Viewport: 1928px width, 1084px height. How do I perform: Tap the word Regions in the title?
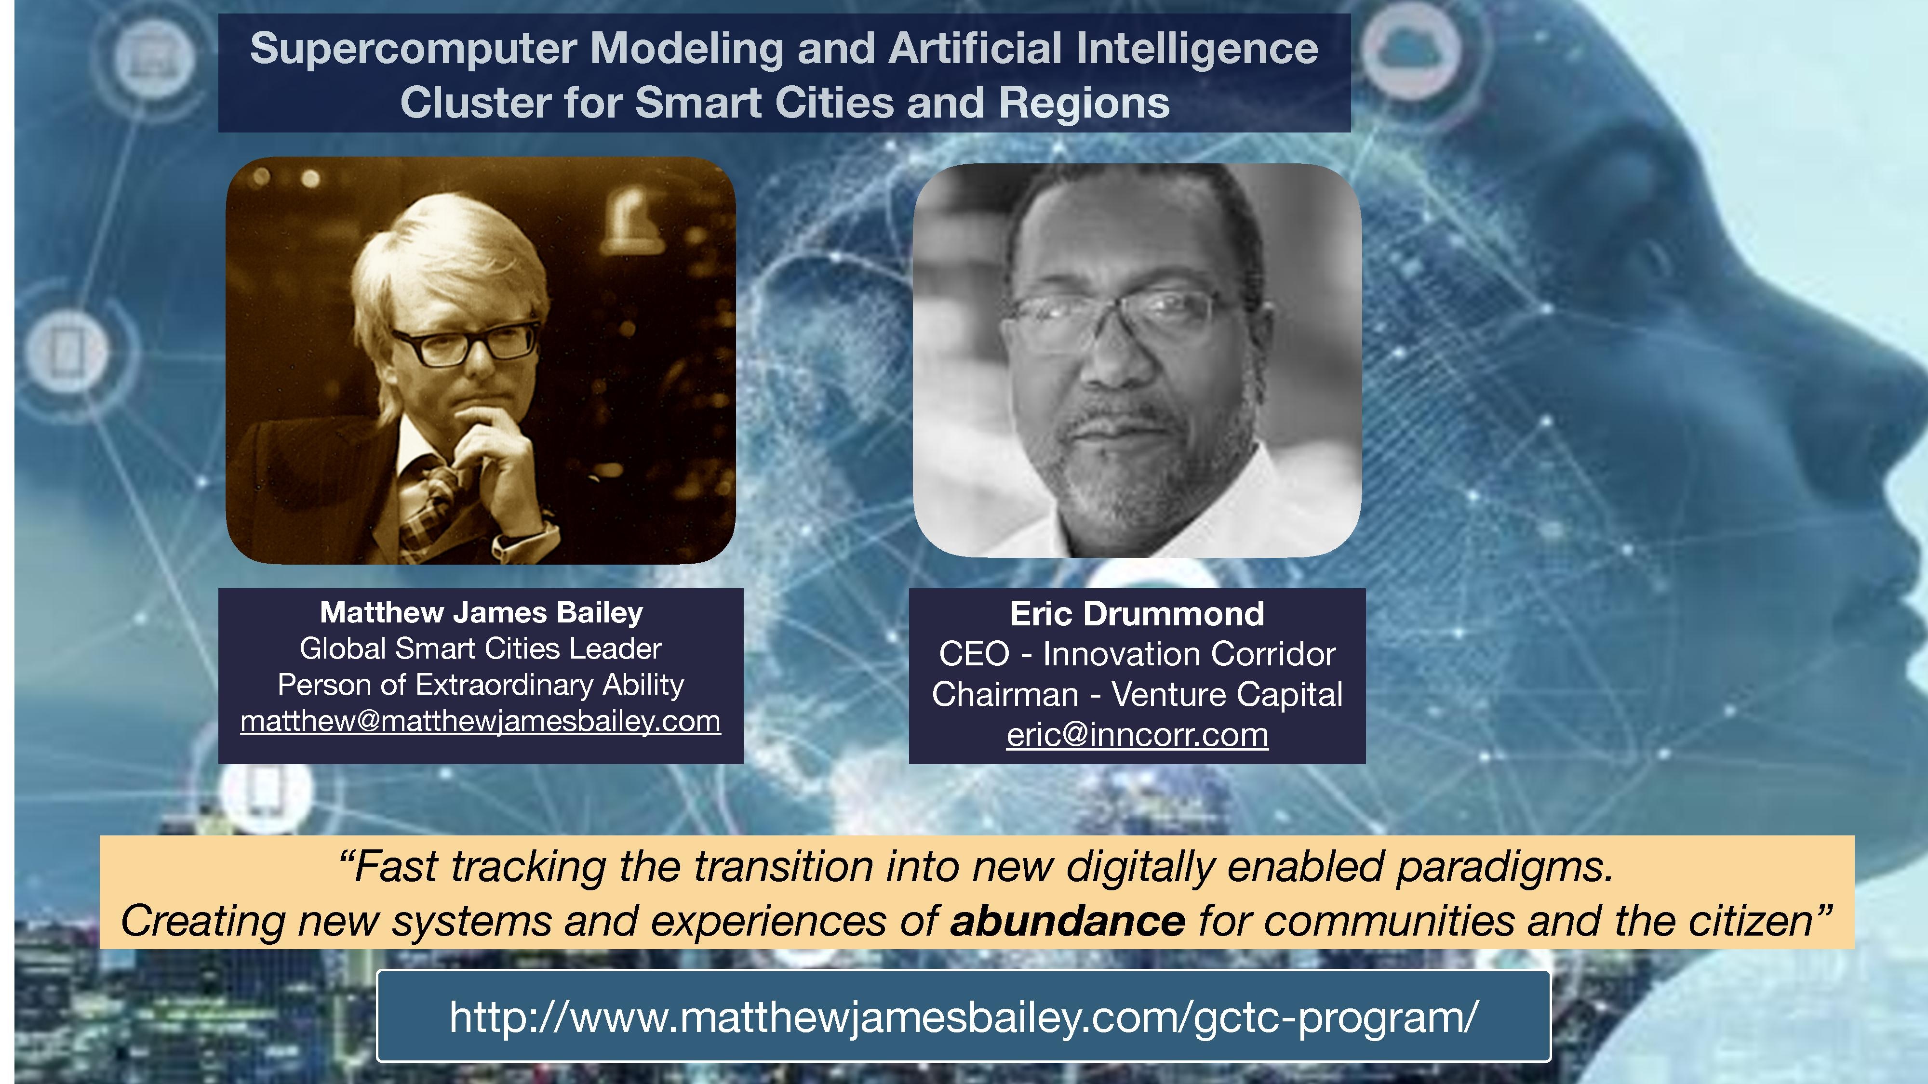click(x=1084, y=103)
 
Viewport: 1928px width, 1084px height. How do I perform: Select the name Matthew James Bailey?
click(x=481, y=612)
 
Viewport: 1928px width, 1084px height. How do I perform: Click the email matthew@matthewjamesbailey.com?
click(x=481, y=721)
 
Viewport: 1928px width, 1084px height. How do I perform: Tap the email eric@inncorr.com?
click(x=1137, y=735)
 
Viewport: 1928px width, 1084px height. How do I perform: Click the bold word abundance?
click(x=1067, y=921)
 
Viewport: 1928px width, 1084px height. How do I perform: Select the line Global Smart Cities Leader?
click(x=481, y=648)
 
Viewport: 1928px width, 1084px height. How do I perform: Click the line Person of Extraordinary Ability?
click(x=481, y=685)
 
